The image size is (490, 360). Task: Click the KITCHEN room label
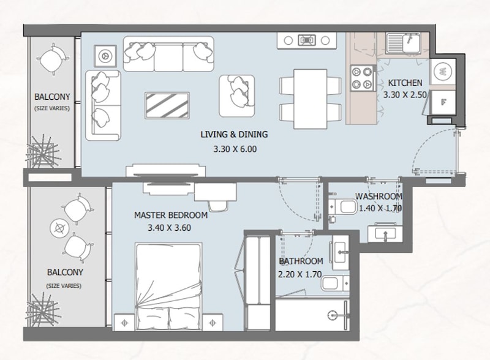pos(405,83)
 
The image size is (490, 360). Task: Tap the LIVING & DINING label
pos(234,134)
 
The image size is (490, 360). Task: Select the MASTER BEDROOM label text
pos(171,215)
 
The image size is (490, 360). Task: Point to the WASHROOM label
pos(379,197)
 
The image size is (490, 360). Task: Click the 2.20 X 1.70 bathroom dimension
pos(300,274)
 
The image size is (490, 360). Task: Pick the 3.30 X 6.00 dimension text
pos(235,149)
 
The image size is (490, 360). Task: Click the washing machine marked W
pos(442,71)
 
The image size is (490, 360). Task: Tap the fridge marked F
pos(443,102)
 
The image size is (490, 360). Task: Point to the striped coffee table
pos(167,105)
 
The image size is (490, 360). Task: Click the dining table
pos(311,99)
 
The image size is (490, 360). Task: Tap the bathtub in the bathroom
pos(312,314)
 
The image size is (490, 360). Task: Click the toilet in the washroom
pos(343,208)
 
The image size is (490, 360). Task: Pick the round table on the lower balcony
pos(59,229)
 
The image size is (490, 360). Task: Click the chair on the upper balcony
pos(53,59)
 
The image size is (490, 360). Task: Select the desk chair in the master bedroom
pos(218,206)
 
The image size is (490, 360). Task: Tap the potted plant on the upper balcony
pos(42,152)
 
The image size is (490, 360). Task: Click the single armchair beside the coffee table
pos(237,96)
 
